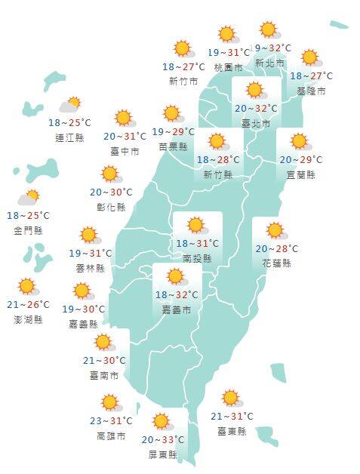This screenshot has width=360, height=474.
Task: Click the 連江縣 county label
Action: pyautogui.click(x=69, y=137)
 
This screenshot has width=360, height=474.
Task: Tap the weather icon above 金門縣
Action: pyautogui.click(x=29, y=199)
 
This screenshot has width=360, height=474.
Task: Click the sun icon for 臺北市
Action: pyautogui.click(x=255, y=91)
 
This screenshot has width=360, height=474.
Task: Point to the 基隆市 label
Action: pyautogui.click(x=312, y=91)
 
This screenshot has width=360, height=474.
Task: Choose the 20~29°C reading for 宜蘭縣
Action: pyautogui.click(x=300, y=160)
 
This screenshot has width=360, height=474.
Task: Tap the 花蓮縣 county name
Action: pyautogui.click(x=276, y=263)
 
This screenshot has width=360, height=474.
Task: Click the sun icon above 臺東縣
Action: pyautogui.click(x=231, y=399)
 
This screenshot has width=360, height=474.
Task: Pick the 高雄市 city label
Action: pyautogui.click(x=112, y=436)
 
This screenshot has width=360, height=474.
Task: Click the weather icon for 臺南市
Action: pyautogui.click(x=103, y=342)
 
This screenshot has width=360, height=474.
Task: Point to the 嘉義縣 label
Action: pyautogui.click(x=83, y=323)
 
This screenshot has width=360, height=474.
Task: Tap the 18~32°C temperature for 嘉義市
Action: pyautogui.click(x=177, y=295)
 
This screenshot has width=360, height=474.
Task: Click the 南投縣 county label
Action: pyautogui.click(x=197, y=258)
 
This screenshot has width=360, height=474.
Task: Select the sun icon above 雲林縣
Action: pyautogui.click(x=89, y=235)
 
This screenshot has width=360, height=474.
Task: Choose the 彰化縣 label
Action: pyautogui.click(x=112, y=207)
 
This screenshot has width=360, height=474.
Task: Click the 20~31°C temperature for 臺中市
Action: pyautogui.click(x=125, y=137)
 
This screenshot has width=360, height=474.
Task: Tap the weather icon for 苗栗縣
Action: pyautogui.click(x=173, y=114)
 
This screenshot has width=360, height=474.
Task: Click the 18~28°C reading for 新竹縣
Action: pyautogui.click(x=218, y=160)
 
